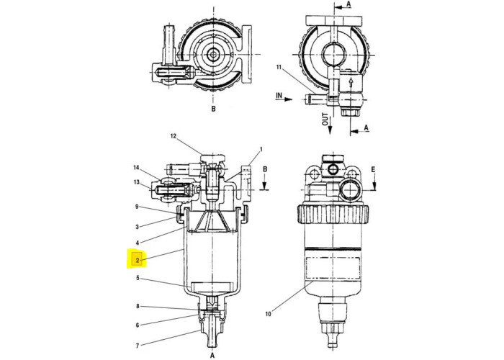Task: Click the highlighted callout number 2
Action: pos(136,259)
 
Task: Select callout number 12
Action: pos(173,136)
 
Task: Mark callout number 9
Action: pos(136,207)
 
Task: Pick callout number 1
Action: pos(261,150)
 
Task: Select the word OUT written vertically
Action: pos(325,119)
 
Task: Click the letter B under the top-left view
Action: pos(213,109)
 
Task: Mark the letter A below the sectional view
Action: pos(213,354)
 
